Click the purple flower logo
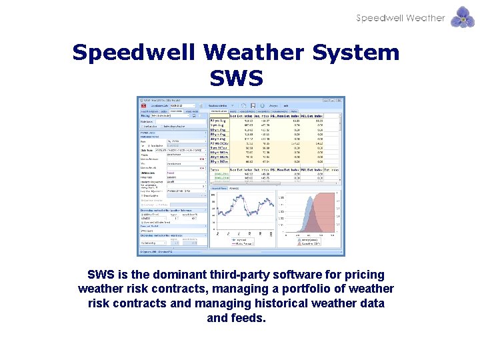click(463, 17)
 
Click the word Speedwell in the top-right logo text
click(379, 18)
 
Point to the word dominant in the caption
click(169, 275)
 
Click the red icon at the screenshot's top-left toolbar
click(142, 105)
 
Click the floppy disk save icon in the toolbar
click(245, 105)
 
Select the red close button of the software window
click(341, 99)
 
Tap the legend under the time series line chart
click(242, 243)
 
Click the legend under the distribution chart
click(309, 243)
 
